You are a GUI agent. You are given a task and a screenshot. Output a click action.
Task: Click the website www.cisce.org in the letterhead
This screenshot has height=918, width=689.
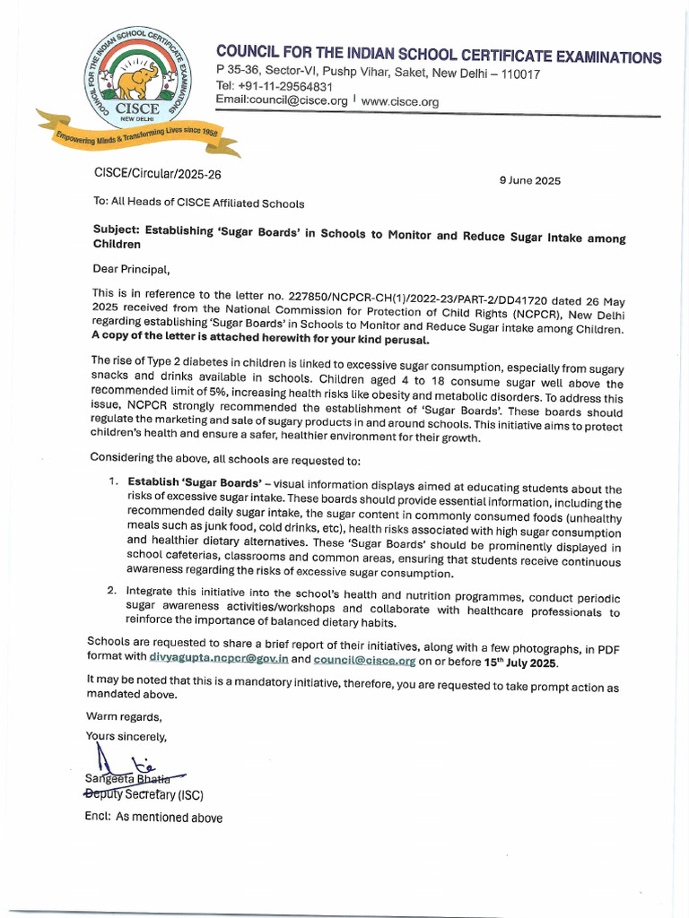click(399, 102)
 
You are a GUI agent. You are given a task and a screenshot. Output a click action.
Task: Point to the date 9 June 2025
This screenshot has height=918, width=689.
click(529, 180)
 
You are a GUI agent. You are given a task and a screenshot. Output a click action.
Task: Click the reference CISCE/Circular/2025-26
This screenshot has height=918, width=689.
click(157, 174)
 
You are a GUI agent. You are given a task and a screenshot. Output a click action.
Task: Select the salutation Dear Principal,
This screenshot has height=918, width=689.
click(131, 268)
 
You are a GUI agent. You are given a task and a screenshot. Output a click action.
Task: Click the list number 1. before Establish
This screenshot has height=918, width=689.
click(113, 481)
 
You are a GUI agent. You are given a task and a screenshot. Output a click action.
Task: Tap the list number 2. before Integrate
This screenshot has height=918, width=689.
click(112, 592)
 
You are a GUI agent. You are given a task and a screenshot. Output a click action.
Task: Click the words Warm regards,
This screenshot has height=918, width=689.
click(124, 716)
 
